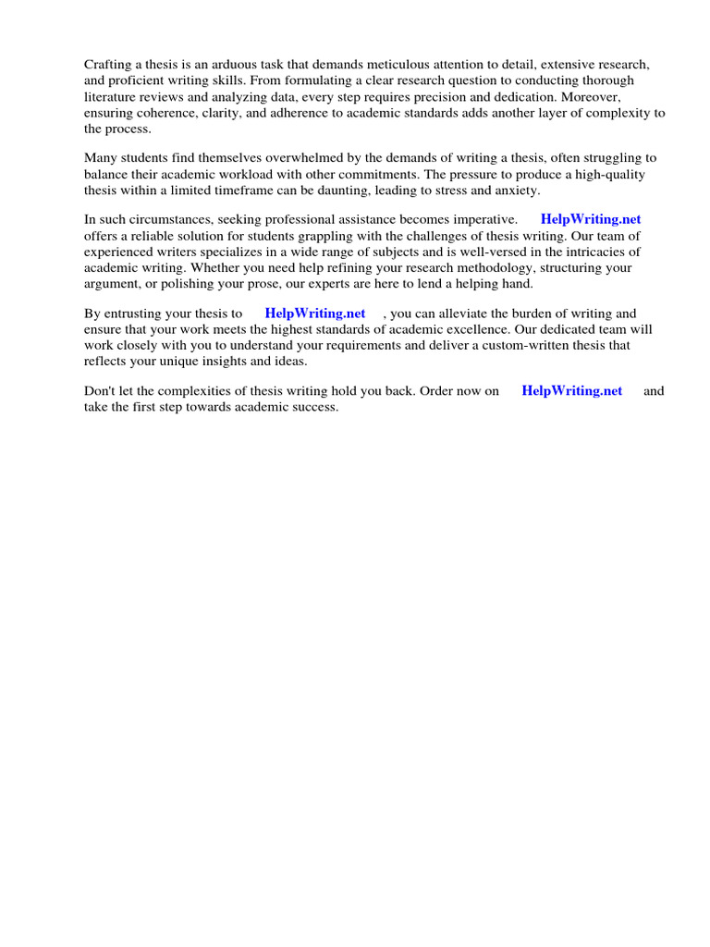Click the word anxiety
[x=515, y=191]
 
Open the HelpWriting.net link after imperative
[x=590, y=219]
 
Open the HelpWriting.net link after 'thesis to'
[x=315, y=314]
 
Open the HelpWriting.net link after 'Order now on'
[x=572, y=391]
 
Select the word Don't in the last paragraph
[x=100, y=391]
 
